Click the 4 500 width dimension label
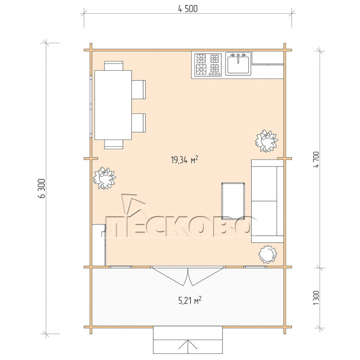pos(188,9)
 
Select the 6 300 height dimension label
pos(42,188)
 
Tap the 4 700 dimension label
pos(316,160)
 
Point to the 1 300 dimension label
pos(316,298)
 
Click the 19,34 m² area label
pos(184,160)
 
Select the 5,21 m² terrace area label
pos(190,300)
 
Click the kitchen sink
pos(238,64)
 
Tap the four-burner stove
pos(208,65)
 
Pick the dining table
pos(113,105)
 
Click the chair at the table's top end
pos(114,66)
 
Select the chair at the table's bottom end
pos(114,144)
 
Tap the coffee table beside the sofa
pos(233,201)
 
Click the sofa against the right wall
pos(267,201)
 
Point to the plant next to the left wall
pos(104,178)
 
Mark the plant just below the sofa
pos(267,254)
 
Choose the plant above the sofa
pos(266,141)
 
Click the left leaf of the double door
pos(169,276)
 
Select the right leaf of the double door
pos(206,276)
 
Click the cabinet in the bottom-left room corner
pos(99,245)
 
